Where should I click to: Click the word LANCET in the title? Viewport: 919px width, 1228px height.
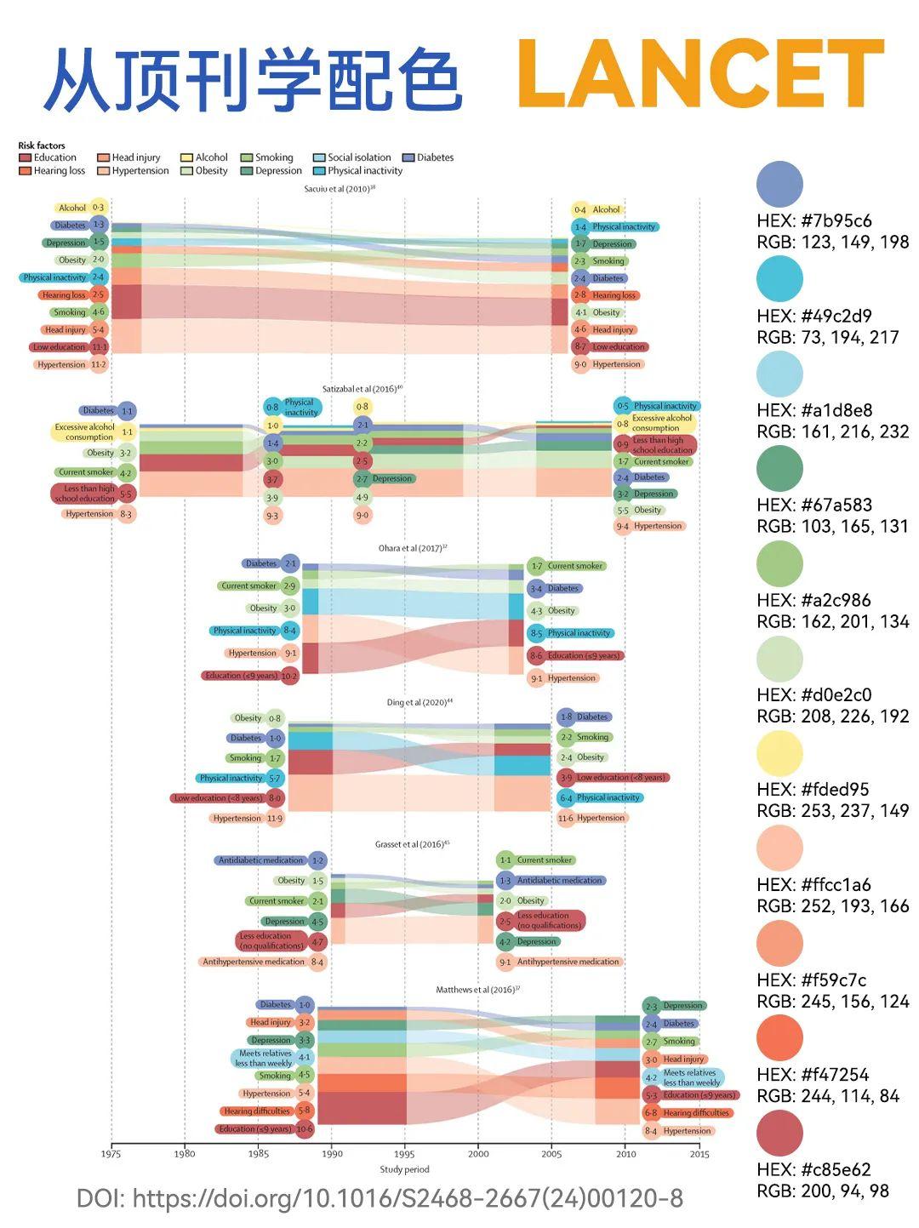click(x=699, y=77)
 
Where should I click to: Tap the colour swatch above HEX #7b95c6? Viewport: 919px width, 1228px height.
click(x=779, y=183)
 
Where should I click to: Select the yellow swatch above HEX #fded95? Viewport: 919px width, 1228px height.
click(x=779, y=752)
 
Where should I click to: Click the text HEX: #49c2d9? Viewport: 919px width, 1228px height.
click(x=814, y=316)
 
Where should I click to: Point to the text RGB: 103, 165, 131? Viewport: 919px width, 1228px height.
click(x=832, y=526)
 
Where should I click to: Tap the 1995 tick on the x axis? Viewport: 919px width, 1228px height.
click(x=406, y=1154)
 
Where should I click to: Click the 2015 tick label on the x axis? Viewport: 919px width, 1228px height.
click(x=699, y=1154)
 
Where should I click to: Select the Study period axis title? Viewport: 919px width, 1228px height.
click(x=404, y=1169)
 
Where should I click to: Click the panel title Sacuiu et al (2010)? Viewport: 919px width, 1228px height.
click(x=339, y=189)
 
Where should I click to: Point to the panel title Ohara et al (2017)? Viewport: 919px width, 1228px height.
click(x=412, y=549)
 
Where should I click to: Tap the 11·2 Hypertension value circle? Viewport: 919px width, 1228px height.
click(x=99, y=364)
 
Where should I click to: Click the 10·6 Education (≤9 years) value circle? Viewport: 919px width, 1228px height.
click(x=305, y=1129)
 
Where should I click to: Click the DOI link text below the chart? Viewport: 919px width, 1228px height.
click(x=380, y=1199)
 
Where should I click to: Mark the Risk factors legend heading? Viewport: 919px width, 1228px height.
click(x=42, y=146)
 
